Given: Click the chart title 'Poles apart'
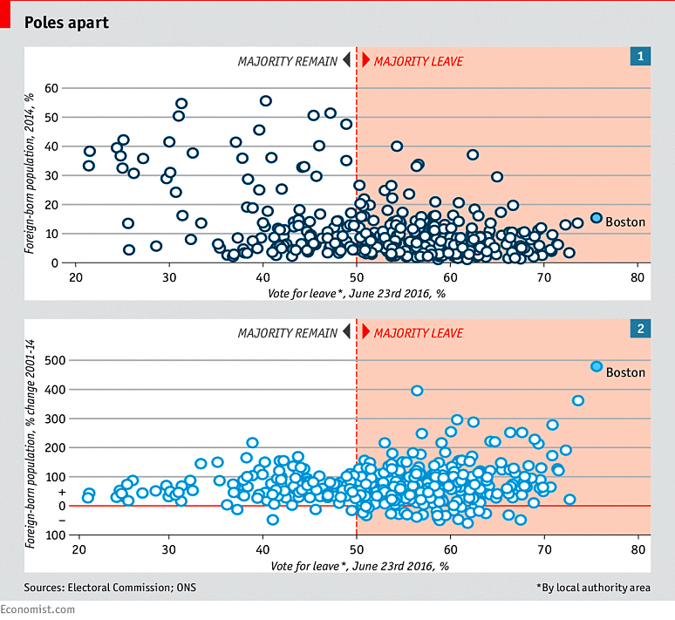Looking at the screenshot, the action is click(x=66, y=23).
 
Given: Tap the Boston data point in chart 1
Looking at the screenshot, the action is click(x=597, y=218).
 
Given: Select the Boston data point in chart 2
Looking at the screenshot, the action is click(x=597, y=367).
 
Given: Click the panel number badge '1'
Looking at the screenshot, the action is click(x=640, y=56).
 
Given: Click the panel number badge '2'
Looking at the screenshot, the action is click(x=640, y=329).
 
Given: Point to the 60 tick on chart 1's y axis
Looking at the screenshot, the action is click(x=51, y=88).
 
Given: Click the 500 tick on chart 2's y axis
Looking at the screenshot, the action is click(x=55, y=360).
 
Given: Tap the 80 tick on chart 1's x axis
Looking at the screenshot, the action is click(x=637, y=277).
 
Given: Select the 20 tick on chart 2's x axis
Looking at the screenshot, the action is click(x=78, y=550).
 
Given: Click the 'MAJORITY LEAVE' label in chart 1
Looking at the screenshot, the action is click(x=419, y=62).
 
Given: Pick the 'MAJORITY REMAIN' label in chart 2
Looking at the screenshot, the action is click(x=288, y=333).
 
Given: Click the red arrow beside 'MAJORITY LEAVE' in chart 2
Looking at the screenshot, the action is click(x=366, y=332).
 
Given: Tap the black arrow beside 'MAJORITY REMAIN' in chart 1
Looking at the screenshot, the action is click(x=346, y=60).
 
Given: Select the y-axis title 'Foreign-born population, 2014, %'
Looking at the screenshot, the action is click(x=30, y=173).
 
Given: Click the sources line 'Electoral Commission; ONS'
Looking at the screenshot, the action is click(x=132, y=587).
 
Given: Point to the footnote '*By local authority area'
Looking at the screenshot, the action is click(x=594, y=588).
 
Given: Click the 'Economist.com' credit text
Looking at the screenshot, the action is click(x=37, y=610).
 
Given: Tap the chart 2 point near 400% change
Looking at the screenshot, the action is click(x=417, y=391).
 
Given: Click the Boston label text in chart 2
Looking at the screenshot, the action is click(x=625, y=372).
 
